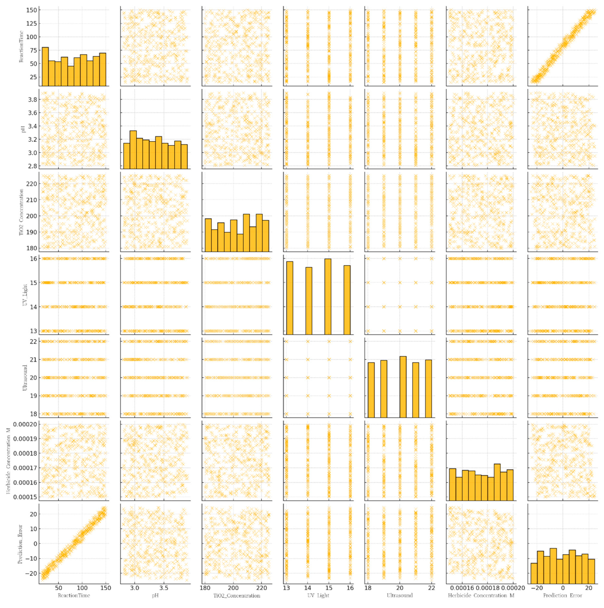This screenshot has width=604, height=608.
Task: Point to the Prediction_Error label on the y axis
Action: pyautogui.click(x=21, y=543)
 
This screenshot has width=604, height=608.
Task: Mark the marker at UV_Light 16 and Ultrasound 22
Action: pyautogui.click(x=350, y=341)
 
